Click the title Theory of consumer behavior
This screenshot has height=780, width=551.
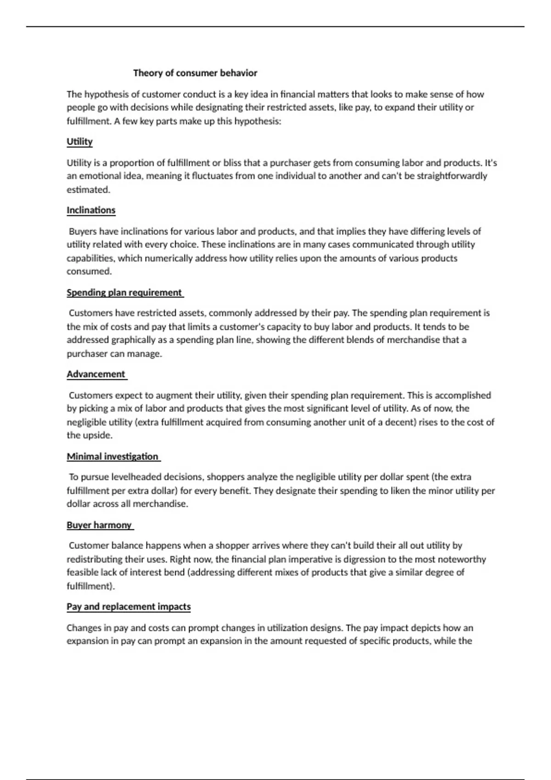pos(195,73)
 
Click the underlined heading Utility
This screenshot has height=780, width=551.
pos(79,142)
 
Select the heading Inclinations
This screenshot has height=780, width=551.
pos(91,210)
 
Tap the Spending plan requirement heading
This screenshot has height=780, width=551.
pos(124,293)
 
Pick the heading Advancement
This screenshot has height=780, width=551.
pos(96,374)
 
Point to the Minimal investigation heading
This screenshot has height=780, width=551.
pos(112,457)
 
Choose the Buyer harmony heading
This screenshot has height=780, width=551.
pos(99,525)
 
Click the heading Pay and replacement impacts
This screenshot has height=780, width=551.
pos(129,607)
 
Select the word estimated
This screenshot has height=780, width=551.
pos(88,189)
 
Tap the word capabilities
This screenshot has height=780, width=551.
pos(90,258)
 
